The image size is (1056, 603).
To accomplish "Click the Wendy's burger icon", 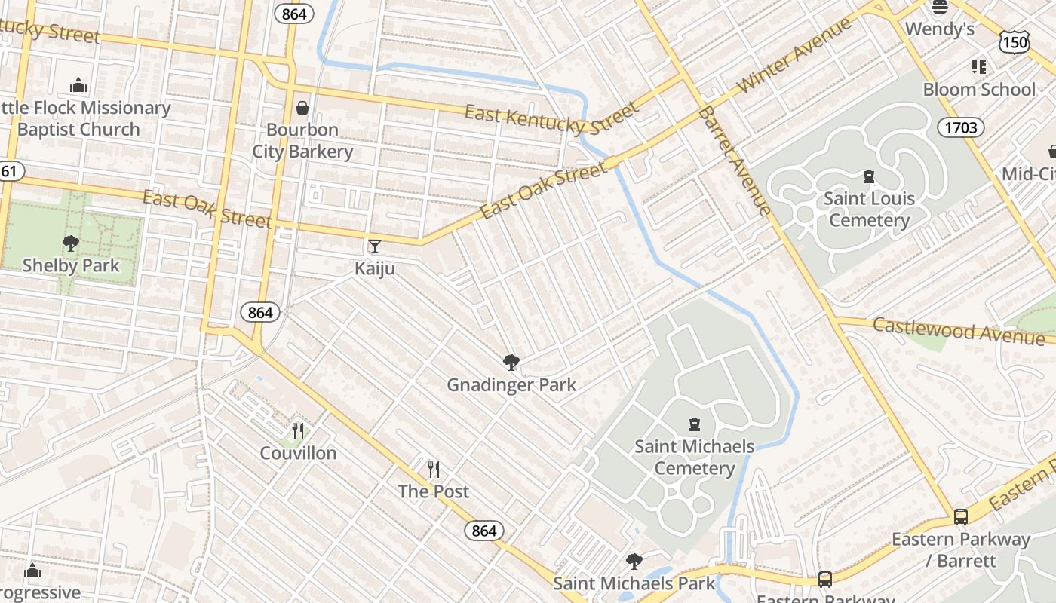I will click(940, 7).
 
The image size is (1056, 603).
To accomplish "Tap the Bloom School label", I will click(979, 89).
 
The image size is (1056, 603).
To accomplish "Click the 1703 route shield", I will click(961, 127).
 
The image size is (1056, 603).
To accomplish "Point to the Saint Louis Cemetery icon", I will click(869, 176).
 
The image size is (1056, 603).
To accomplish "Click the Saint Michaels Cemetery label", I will click(694, 457).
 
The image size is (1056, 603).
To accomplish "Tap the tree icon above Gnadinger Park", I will click(511, 363).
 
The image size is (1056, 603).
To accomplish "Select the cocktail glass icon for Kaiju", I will click(374, 246).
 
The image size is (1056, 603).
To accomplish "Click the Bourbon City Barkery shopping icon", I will click(302, 108).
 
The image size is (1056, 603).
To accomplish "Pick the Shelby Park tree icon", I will click(71, 243).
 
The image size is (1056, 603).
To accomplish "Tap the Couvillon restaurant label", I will click(298, 453).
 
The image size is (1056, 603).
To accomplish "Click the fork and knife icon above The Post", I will click(433, 470).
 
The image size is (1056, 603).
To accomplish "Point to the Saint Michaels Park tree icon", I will click(634, 562).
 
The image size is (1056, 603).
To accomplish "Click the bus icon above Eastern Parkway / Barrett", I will click(960, 517).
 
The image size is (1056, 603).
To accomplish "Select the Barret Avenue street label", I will click(734, 160).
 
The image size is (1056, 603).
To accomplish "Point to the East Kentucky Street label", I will click(551, 118).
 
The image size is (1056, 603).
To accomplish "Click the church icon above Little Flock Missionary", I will click(78, 85).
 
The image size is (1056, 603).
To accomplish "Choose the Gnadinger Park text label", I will click(511, 385).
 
